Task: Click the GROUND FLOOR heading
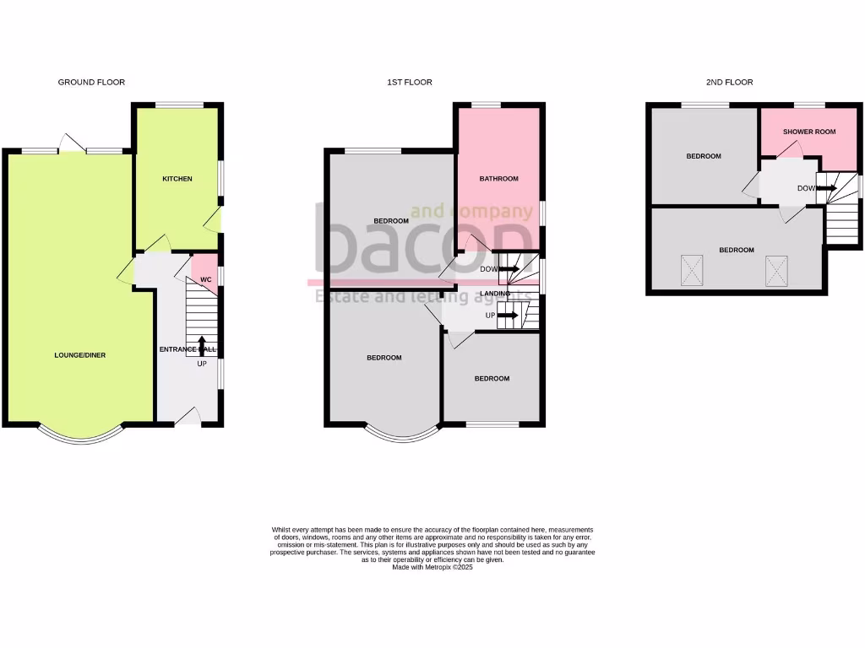pyautogui.click(x=91, y=83)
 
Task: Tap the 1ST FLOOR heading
pyautogui.click(x=410, y=83)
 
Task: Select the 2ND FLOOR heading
pyautogui.click(x=729, y=83)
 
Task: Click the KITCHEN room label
pyautogui.click(x=177, y=179)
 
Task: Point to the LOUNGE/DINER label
pyautogui.click(x=80, y=355)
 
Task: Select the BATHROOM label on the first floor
pyautogui.click(x=498, y=179)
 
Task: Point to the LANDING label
pyautogui.click(x=495, y=294)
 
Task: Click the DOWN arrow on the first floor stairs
pyautogui.click(x=509, y=270)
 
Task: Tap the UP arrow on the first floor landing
pyautogui.click(x=508, y=316)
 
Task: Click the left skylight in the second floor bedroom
pyautogui.click(x=692, y=272)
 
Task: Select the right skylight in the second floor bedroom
pyautogui.click(x=776, y=271)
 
